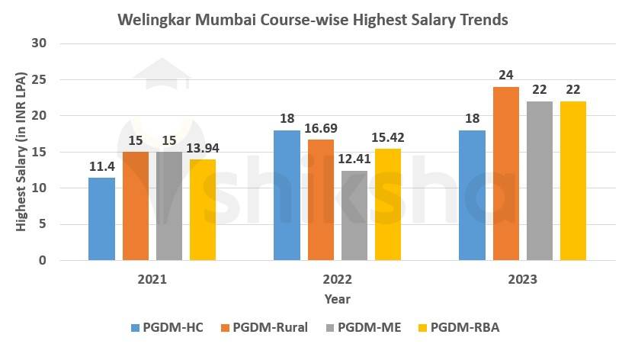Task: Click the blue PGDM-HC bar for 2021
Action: point(101,219)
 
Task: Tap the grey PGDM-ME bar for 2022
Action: point(354,216)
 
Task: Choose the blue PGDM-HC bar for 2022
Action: point(287,195)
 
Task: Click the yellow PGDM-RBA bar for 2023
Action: point(573,181)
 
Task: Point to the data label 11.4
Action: point(101,166)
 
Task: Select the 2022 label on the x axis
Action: point(337,280)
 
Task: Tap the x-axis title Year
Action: point(337,299)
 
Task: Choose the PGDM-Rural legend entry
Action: point(261,328)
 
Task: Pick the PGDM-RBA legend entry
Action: point(457,328)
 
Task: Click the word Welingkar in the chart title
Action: point(154,20)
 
